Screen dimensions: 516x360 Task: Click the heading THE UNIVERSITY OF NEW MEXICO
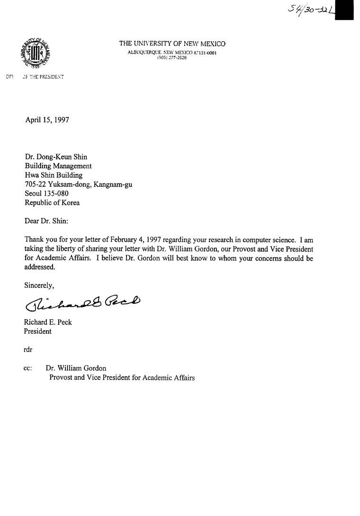point(172,44)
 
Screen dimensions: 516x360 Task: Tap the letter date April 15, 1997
point(47,120)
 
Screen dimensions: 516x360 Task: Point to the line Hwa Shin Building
point(54,175)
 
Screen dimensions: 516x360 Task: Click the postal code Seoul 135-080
point(47,193)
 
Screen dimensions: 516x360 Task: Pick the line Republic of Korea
point(52,202)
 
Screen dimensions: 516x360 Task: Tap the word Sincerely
point(39,285)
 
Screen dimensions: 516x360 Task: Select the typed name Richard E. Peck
point(48,322)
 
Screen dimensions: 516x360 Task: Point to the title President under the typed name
point(38,331)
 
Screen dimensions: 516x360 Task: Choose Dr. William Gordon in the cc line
point(76,368)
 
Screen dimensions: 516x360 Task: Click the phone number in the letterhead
point(172,57)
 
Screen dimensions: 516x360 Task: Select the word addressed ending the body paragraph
point(40,267)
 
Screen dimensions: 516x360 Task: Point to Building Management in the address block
point(58,166)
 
